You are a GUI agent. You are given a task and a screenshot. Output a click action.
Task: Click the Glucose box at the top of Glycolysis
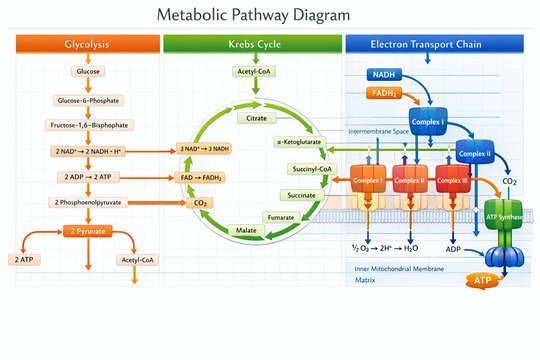(87, 71)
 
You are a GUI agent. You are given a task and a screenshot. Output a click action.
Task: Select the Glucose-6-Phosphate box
(87, 100)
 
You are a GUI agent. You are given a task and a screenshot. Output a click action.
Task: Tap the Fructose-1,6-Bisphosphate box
(87, 125)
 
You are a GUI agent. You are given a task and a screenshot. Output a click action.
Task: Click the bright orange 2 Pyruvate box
(87, 231)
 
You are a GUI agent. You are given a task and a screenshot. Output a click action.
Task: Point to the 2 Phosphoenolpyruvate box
(87, 203)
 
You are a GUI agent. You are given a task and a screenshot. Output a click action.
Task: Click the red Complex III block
(451, 180)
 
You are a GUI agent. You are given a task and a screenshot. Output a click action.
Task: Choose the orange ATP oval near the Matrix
(482, 282)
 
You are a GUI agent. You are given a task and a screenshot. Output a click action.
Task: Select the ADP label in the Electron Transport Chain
(452, 248)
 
